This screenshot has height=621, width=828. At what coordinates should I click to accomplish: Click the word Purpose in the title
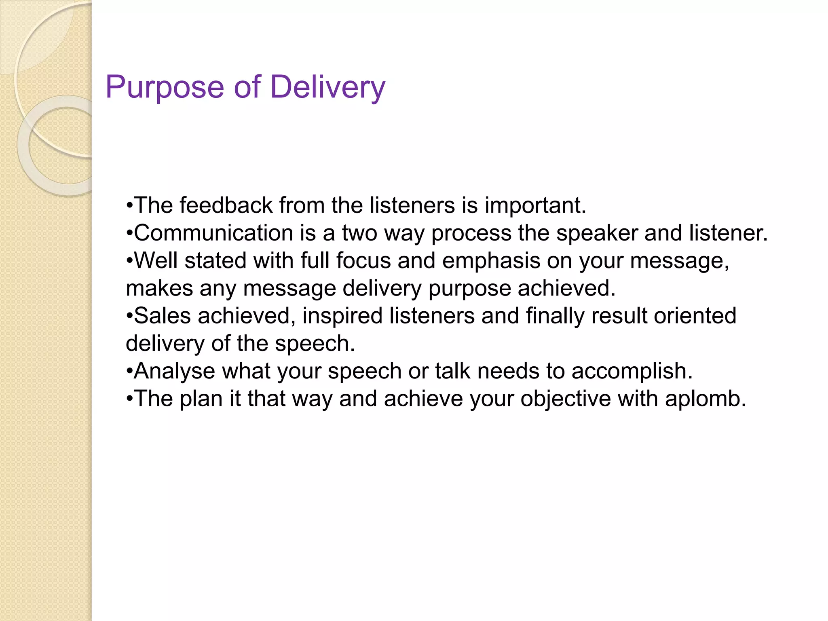[x=165, y=87]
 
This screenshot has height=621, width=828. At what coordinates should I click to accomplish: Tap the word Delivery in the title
[x=327, y=87]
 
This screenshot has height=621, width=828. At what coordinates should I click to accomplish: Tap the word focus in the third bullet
[x=363, y=261]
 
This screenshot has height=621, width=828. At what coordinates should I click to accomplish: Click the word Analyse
[x=174, y=371]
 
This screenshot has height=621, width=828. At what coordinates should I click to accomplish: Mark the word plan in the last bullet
[x=201, y=399]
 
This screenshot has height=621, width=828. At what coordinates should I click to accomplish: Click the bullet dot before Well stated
[x=129, y=261]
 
